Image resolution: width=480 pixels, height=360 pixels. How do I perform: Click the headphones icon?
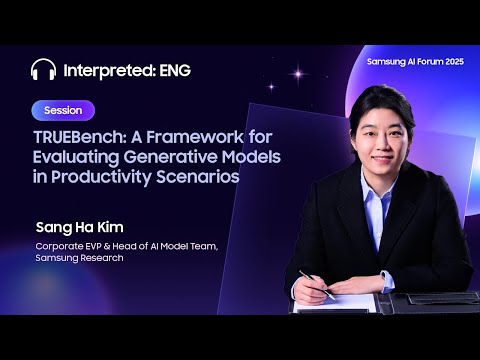[43, 70]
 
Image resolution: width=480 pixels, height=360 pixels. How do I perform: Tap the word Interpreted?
[105, 70]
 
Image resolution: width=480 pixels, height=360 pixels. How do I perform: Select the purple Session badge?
[63, 110]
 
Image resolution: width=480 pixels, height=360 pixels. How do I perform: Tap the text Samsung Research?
[79, 258]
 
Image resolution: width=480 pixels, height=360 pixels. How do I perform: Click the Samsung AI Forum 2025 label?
[416, 62]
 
